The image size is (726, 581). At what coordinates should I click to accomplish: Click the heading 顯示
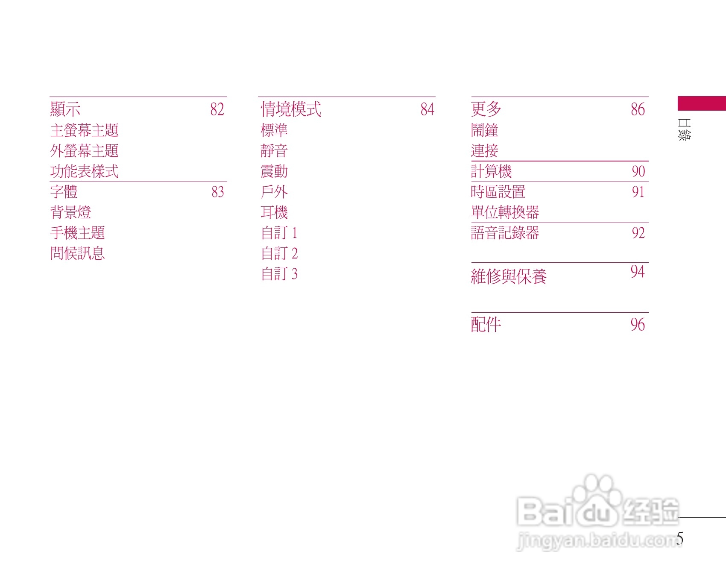65,109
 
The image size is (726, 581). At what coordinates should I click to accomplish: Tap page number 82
217,109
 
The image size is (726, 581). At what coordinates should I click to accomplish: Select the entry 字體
64,192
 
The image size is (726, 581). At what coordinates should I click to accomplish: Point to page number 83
217,192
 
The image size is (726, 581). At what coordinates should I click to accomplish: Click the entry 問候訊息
78,253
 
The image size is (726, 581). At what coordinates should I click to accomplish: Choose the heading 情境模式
291,109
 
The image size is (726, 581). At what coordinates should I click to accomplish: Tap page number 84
427,109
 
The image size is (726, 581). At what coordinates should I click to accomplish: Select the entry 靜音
274,151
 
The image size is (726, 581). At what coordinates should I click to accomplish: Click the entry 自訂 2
279,253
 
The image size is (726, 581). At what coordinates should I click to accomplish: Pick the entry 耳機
274,212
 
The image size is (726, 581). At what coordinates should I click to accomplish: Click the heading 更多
486,109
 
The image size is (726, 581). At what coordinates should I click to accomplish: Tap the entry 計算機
491,171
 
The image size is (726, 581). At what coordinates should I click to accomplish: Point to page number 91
638,192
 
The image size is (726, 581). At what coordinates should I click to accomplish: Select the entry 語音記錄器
505,233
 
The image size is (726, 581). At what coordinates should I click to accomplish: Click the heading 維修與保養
509,276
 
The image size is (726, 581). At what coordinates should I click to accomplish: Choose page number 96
638,325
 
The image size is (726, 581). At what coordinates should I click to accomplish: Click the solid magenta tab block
702,103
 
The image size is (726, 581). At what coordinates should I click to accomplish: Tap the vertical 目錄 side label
684,129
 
